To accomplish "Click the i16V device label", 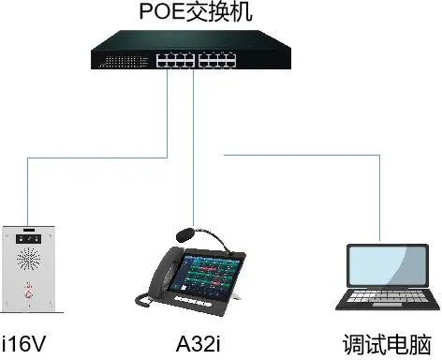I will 23,342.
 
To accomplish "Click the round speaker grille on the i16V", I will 28,258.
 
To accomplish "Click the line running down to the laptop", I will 379,197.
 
